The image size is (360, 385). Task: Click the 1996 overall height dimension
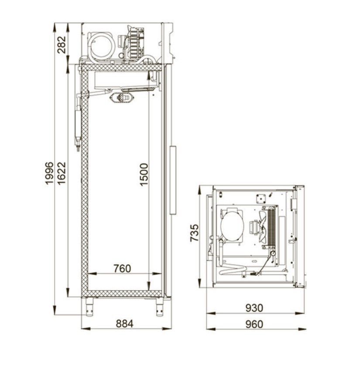[x=49, y=173]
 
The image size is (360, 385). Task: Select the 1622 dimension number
[x=62, y=173]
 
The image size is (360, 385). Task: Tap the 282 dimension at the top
[x=62, y=45]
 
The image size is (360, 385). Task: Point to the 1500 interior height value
[x=144, y=175]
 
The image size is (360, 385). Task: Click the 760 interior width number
[x=122, y=268]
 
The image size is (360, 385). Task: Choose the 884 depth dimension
[x=124, y=323]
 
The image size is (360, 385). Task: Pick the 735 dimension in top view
[x=195, y=233]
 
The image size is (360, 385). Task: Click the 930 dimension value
[x=254, y=308]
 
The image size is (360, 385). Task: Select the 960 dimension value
[x=254, y=324]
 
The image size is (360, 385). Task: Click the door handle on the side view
[x=173, y=180]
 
